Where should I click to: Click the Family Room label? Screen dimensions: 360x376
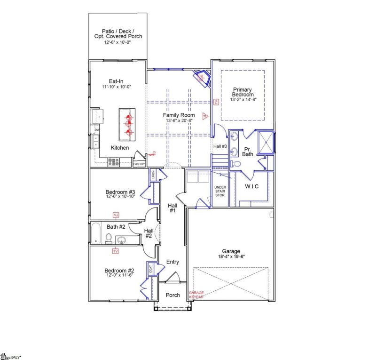(x=179, y=115)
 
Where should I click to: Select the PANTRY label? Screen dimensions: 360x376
(x=139, y=164)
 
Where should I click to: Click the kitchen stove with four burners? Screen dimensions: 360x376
(x=114, y=162)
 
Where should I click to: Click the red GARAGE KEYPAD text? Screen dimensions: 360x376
(x=196, y=295)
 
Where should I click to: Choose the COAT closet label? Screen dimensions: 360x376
(x=151, y=269)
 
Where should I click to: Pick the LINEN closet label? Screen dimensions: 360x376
(x=153, y=175)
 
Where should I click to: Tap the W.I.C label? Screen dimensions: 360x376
(x=251, y=186)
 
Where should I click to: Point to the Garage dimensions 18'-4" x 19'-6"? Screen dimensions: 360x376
(x=231, y=257)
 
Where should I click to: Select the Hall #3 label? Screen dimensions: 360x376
(x=220, y=147)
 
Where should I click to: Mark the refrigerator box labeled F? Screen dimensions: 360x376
(x=99, y=116)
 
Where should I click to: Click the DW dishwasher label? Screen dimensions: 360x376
(x=97, y=130)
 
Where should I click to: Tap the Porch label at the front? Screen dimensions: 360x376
(x=173, y=295)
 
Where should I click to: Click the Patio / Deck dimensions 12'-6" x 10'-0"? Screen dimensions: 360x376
(x=117, y=42)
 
